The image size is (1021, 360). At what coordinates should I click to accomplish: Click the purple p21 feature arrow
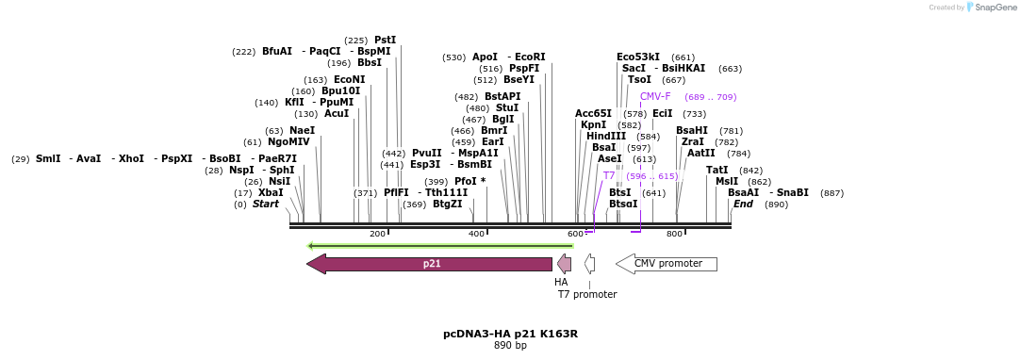click(430, 264)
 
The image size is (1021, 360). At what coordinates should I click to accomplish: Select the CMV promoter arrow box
click(667, 264)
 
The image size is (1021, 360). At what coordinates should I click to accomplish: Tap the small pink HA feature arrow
click(565, 264)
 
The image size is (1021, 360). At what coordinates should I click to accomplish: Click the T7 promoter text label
click(587, 294)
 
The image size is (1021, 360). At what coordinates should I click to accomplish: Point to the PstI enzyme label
click(385, 40)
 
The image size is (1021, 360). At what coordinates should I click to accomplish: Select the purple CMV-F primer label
click(655, 96)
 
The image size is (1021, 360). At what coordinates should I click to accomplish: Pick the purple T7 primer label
click(609, 175)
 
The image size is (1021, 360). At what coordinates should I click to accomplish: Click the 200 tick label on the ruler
click(377, 234)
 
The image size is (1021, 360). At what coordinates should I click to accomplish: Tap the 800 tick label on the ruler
click(674, 234)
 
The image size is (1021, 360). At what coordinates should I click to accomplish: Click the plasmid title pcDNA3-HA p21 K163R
click(510, 334)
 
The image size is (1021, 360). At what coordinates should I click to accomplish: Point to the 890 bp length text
click(510, 346)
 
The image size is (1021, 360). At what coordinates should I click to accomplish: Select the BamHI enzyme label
click(691, 130)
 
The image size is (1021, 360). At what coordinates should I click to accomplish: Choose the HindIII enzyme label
click(605, 136)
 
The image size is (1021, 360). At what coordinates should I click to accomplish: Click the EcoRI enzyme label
click(530, 57)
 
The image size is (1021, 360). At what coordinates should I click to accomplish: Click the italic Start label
click(266, 204)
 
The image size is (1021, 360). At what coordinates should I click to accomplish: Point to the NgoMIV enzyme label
click(288, 141)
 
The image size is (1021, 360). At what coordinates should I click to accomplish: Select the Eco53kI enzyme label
click(638, 57)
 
